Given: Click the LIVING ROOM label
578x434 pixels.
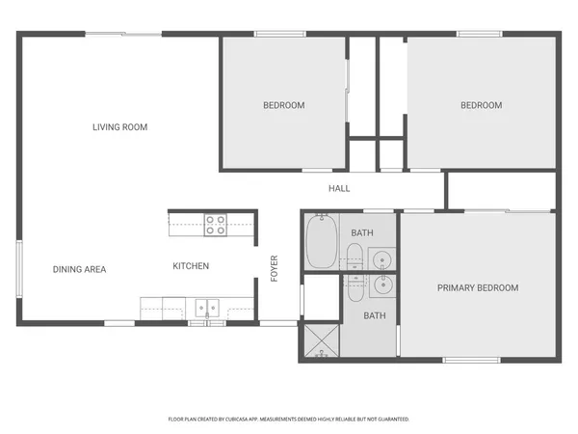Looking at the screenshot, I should pyautogui.click(x=120, y=127).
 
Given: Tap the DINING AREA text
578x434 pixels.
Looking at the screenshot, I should pyautogui.click(x=79, y=269).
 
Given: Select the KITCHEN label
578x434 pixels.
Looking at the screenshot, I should pyautogui.click(x=191, y=266).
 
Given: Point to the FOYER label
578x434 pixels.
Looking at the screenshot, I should pyautogui.click(x=275, y=267).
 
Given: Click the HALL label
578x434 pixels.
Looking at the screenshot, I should pyautogui.click(x=339, y=188).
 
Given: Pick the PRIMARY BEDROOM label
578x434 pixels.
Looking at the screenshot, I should pyautogui.click(x=478, y=287).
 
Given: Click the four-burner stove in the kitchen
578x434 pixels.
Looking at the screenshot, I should pyautogui.click(x=215, y=225).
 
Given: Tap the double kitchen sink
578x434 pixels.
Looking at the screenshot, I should pyautogui.click(x=208, y=309).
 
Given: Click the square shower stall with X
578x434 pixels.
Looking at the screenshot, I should pyautogui.click(x=321, y=340).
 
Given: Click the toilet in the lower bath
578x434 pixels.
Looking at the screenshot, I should pyautogui.click(x=354, y=285).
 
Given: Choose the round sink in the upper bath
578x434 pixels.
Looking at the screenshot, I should pyautogui.click(x=381, y=258).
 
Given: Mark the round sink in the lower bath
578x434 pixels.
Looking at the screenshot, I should pyautogui.click(x=381, y=285).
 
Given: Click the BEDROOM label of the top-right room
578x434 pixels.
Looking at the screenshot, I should pyautogui.click(x=481, y=105).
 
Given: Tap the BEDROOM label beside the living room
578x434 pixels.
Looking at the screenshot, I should pyautogui.click(x=284, y=105).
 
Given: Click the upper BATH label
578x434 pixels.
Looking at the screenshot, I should pyautogui.click(x=362, y=233).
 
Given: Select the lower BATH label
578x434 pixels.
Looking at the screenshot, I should pyautogui.click(x=374, y=315).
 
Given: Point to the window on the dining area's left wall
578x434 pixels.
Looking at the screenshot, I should pyautogui.click(x=18, y=271).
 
